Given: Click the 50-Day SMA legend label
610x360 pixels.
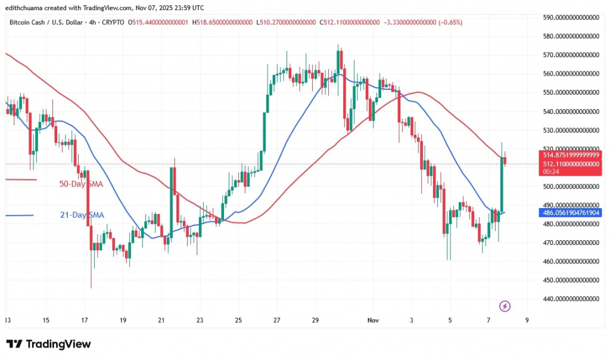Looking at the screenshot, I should [x=81, y=184].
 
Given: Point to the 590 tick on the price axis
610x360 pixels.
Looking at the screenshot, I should [x=570, y=18].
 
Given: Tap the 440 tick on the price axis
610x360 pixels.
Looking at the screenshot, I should [x=570, y=299].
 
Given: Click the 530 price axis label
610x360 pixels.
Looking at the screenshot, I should [x=570, y=131].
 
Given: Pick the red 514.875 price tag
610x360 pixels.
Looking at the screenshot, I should [x=570, y=155].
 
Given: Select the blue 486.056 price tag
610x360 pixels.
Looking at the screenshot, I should [x=570, y=212].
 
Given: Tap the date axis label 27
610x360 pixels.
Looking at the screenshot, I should [x=277, y=319].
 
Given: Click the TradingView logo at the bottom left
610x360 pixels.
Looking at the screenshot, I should [x=49, y=345].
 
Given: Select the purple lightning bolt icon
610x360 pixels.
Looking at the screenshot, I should [x=505, y=306].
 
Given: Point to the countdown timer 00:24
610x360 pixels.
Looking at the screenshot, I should [x=547, y=172].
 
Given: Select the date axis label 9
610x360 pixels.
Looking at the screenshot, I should [x=527, y=319].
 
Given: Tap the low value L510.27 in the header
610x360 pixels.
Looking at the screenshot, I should [x=286, y=22].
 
